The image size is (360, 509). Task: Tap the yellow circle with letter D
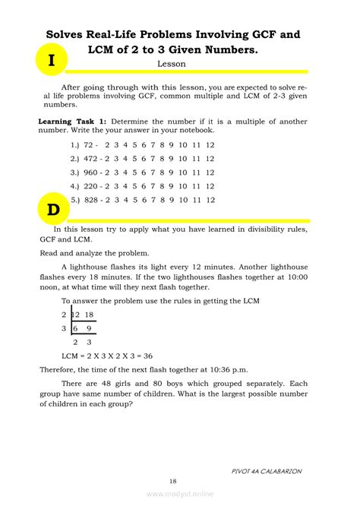tap(51, 207)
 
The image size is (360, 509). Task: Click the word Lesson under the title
tap(172, 65)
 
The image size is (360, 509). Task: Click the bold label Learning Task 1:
tap(73, 122)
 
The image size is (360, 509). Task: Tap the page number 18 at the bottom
tap(174, 481)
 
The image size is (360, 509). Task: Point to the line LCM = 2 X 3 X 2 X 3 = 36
tap(107, 356)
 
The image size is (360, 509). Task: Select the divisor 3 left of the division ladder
tap(64, 328)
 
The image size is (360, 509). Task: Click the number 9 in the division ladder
tap(90, 328)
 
